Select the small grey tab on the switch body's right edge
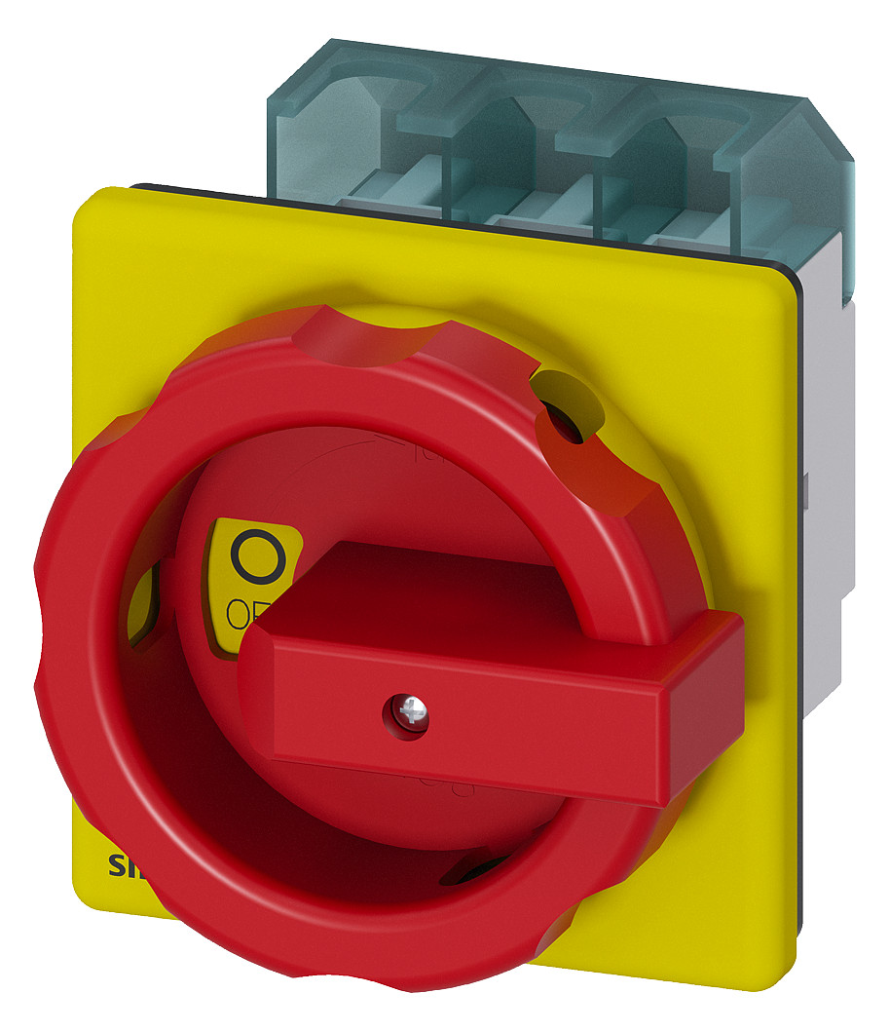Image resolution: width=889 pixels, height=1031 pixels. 810,487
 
